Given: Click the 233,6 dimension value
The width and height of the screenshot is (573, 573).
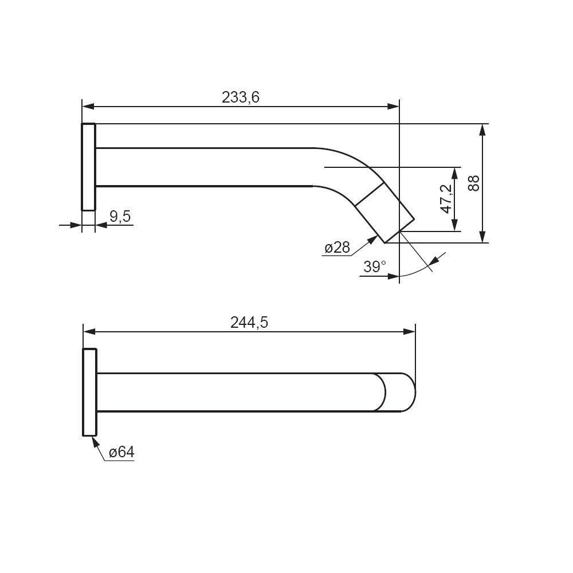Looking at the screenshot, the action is [x=241, y=97].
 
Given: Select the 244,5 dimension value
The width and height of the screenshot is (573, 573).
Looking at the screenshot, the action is [x=249, y=323].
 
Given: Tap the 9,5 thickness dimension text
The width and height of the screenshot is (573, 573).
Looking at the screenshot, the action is [x=120, y=217].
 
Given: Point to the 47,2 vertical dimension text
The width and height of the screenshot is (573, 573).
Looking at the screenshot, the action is [x=446, y=199].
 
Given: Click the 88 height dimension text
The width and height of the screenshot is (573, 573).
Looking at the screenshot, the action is [x=474, y=183].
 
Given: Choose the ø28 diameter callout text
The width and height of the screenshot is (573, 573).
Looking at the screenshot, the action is [x=337, y=248].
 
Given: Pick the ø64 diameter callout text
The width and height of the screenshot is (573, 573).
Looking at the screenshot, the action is [x=121, y=453].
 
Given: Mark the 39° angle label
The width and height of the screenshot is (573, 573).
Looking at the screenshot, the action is [x=375, y=267].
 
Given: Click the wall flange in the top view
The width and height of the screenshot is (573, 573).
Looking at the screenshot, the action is [x=88, y=167].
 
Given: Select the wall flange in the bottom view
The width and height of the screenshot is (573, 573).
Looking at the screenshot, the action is [x=90, y=392].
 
